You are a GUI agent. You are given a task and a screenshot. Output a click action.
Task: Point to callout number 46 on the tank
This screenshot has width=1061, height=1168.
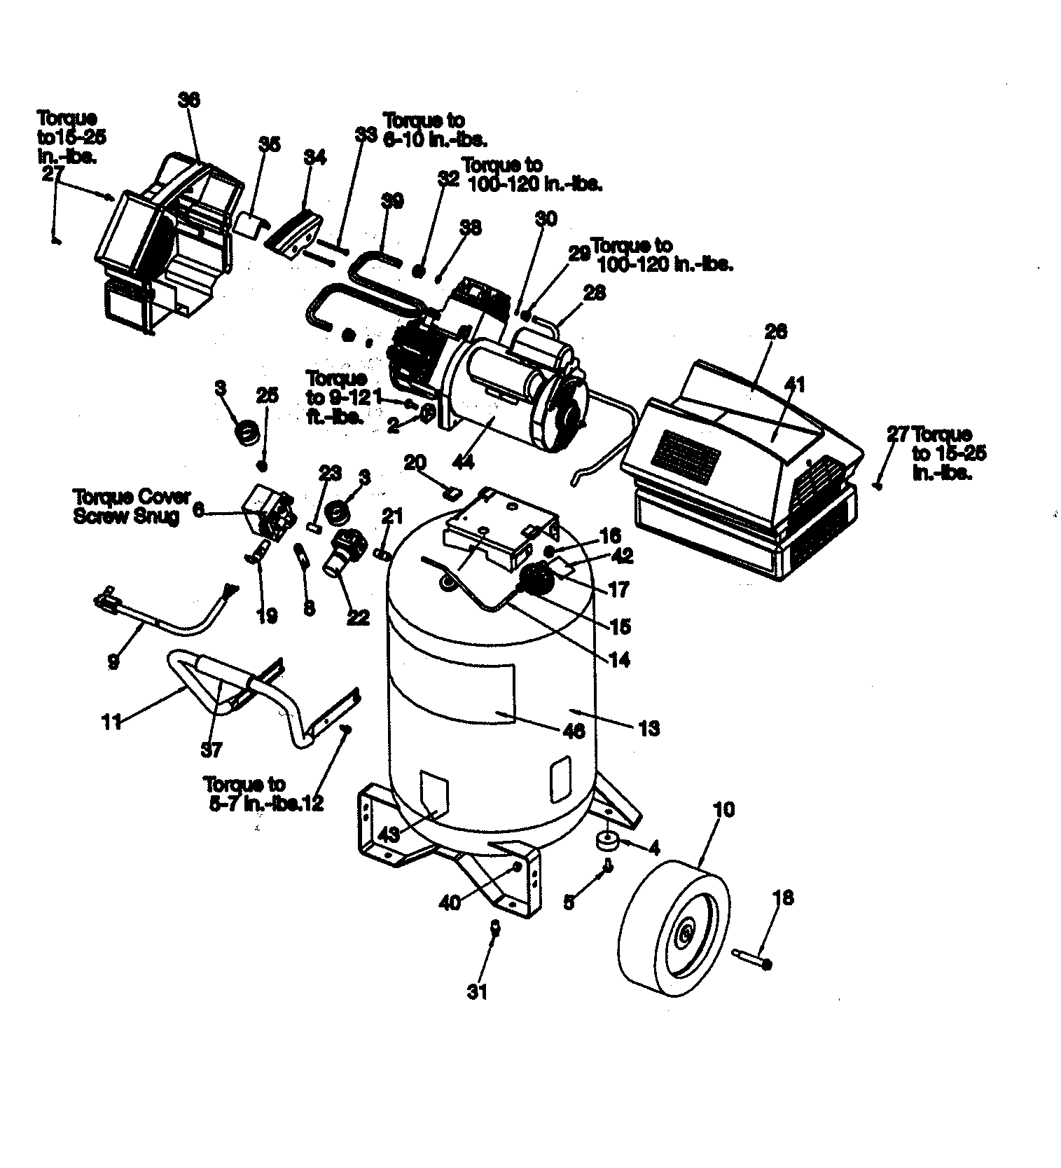[575, 731]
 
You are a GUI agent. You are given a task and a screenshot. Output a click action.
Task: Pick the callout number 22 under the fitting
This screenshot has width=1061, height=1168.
[357, 618]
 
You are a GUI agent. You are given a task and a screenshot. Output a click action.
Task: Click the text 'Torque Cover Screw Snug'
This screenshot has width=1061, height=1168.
[132, 506]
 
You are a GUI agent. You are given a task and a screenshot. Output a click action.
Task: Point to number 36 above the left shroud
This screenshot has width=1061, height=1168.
[188, 100]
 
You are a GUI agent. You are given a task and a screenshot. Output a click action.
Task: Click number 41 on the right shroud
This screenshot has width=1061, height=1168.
[794, 385]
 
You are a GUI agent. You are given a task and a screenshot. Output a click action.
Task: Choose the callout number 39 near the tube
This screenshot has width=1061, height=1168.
[392, 201]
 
